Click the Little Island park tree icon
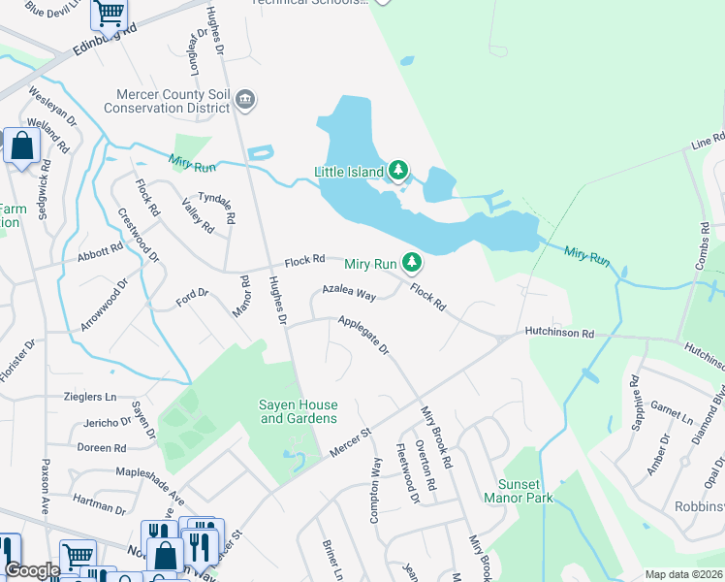397,172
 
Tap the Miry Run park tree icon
412,263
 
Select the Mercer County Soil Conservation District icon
245,98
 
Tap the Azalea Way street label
349,293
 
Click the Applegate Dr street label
363,334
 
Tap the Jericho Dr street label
107,422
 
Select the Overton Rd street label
425,474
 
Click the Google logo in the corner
32,570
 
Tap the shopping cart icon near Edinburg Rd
110,14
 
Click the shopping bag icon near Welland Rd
21,145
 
